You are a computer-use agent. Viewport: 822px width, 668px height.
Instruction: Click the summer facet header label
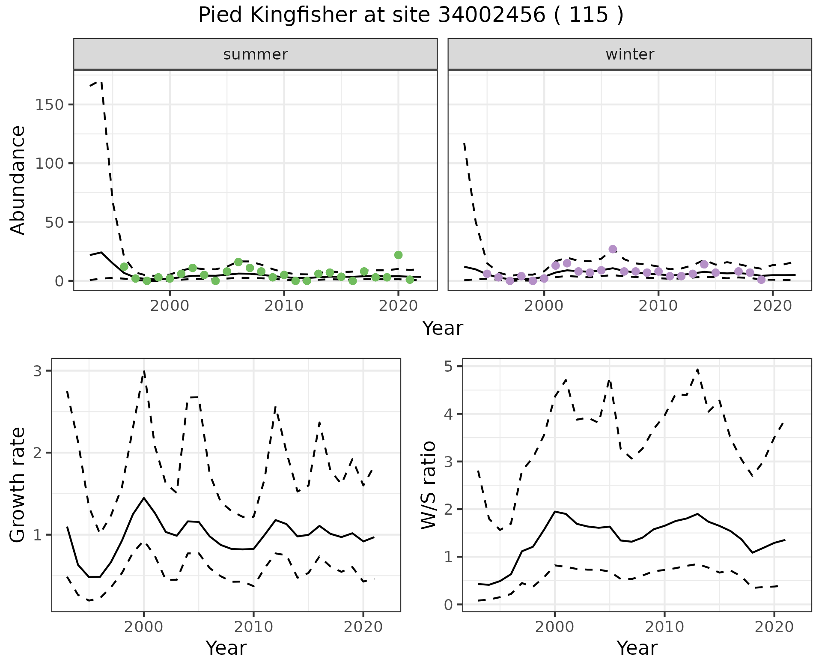(x=256, y=54)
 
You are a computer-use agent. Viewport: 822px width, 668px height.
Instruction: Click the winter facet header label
(x=630, y=54)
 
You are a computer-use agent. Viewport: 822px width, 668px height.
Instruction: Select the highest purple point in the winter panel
(x=613, y=249)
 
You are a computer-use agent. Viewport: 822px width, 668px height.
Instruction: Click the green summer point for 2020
(x=398, y=255)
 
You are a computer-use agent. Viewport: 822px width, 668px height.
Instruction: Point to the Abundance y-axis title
(x=18, y=180)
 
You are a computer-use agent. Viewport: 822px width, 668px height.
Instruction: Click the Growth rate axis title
(x=18, y=485)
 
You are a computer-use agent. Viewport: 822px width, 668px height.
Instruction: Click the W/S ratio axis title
(x=429, y=485)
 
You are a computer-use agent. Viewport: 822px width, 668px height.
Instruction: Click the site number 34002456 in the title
(x=491, y=16)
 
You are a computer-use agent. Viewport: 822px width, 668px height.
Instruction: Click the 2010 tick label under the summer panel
(x=284, y=307)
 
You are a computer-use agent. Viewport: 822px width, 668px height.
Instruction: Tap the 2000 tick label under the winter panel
(x=544, y=307)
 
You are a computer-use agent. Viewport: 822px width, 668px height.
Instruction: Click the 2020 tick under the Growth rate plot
(x=363, y=627)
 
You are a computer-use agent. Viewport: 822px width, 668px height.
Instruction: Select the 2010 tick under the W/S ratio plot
(x=664, y=627)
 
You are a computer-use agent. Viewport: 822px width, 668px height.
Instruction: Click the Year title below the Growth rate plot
(x=226, y=648)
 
